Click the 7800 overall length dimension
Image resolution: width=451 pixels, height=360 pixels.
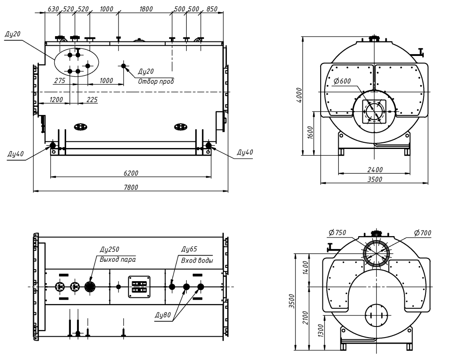coord(131,187)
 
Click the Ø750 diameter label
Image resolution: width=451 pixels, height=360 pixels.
coord(337,233)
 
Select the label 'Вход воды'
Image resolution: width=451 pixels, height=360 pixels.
coord(197,260)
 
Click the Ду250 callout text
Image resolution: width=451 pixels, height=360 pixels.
coord(109,251)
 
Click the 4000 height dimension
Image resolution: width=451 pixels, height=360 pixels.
coord(299,95)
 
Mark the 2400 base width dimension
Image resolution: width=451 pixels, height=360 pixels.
coord(374,170)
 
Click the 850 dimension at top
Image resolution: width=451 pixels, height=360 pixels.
coord(211,9)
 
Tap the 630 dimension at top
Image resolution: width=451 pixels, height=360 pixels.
coord(53,9)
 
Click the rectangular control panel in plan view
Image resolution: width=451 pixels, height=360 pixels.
coord(139,286)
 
